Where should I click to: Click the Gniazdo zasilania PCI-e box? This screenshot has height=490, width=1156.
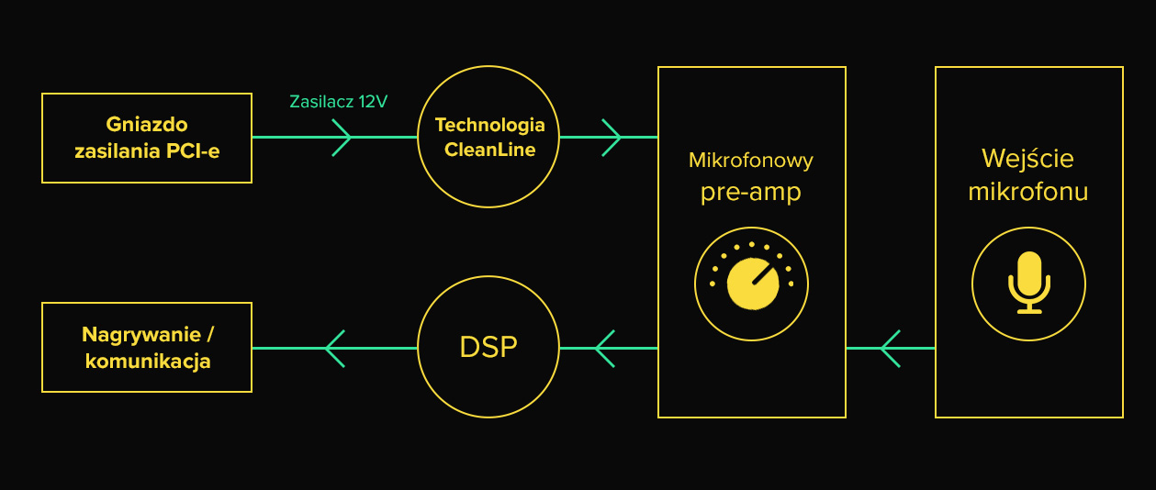pyautogui.click(x=147, y=138)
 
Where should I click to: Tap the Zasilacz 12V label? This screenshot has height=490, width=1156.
pyautogui.click(x=338, y=102)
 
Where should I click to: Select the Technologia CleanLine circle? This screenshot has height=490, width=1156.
pyautogui.click(x=488, y=137)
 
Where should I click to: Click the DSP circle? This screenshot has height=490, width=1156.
pyautogui.click(x=488, y=347)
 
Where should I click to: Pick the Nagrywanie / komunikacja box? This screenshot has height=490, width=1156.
pyautogui.click(x=147, y=347)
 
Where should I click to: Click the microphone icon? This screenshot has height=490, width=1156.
pyautogui.click(x=1028, y=283)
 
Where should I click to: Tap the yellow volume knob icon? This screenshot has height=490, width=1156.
pyautogui.click(x=751, y=283)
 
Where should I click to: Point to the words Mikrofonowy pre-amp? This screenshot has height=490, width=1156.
pyautogui.click(x=751, y=177)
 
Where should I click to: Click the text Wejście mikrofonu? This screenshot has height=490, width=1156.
pyautogui.click(x=1028, y=174)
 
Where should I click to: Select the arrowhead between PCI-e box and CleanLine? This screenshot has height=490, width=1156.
pyautogui.click(x=342, y=138)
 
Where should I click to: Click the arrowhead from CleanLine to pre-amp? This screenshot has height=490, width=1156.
pyautogui.click(x=612, y=138)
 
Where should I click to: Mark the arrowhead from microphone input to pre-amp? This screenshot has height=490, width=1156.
pyautogui.click(x=890, y=348)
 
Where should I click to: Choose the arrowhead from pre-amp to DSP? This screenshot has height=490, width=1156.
pyautogui.click(x=604, y=348)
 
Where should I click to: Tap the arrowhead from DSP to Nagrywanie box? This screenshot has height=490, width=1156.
pyautogui.click(x=335, y=348)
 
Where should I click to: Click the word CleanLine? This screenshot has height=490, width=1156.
pyautogui.click(x=489, y=150)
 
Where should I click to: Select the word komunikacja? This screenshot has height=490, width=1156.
pyautogui.click(x=148, y=361)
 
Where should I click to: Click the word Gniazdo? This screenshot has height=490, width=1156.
pyautogui.click(x=147, y=124)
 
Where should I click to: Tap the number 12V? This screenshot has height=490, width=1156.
pyautogui.click(x=373, y=102)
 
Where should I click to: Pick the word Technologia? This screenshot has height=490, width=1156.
pyautogui.click(x=489, y=125)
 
